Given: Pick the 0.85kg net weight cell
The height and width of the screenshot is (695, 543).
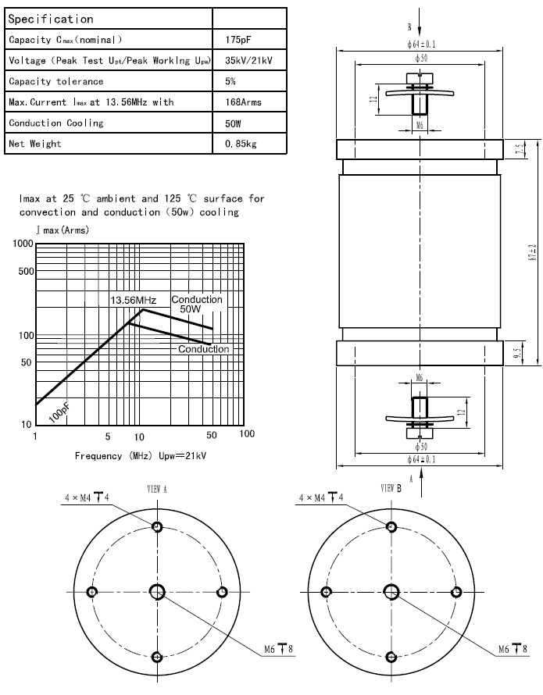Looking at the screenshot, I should tap(241, 144).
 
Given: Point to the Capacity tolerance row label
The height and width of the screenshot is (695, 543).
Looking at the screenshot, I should tap(55, 81).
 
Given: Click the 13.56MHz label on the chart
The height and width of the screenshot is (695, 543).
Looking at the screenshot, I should tap(132, 301).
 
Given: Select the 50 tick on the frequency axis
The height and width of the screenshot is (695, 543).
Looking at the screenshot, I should tap(211, 434).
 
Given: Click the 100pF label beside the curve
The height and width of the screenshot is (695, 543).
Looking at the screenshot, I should tap(59, 412).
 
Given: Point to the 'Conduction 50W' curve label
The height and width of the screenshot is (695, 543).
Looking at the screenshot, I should tap(197, 305).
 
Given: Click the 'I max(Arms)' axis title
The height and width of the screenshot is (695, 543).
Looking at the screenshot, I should tap(62, 230).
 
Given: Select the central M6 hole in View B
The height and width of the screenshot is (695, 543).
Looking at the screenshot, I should tap(389, 591).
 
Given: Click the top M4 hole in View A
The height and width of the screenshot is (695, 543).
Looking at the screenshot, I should tap(158, 527).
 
